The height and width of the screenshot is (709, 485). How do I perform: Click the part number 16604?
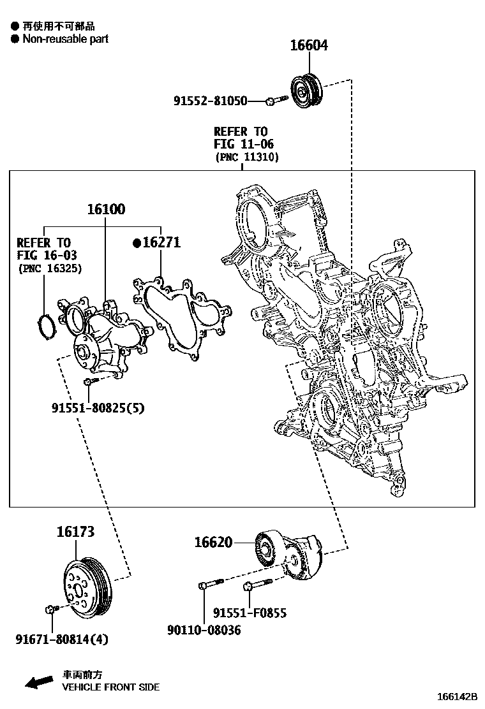(x=309, y=45)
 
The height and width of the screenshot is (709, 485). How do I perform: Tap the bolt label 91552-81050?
(x=210, y=101)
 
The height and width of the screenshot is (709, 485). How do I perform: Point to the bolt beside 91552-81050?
(x=272, y=100)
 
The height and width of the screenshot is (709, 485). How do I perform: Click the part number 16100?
(x=106, y=209)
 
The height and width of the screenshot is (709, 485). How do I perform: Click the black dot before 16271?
(x=136, y=243)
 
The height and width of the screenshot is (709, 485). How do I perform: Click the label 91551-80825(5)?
(x=98, y=408)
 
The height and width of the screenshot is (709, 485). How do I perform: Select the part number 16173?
(x=75, y=532)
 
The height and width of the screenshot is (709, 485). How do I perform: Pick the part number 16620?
(x=213, y=543)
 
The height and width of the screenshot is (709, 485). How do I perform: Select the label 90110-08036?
(x=204, y=630)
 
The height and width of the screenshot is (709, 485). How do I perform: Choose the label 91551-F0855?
(x=250, y=613)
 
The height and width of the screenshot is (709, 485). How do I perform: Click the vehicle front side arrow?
(x=38, y=682)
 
